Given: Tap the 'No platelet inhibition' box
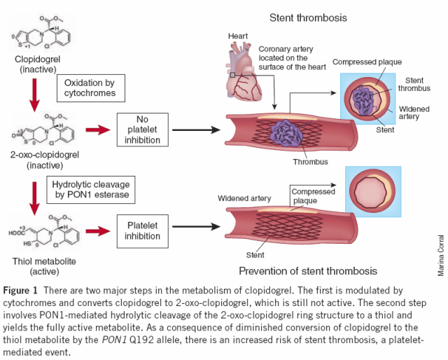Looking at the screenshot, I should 143,130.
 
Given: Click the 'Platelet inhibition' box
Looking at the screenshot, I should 143,232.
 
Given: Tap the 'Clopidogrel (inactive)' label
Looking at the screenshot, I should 34,64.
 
